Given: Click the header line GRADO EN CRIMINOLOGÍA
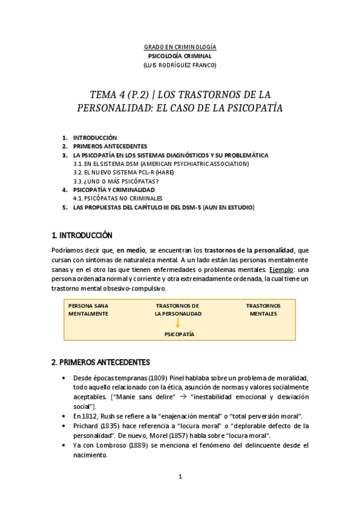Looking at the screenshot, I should click(x=180, y=47).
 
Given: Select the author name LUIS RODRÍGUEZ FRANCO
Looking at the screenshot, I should click(x=180, y=65).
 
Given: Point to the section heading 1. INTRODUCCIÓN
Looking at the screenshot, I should click(x=82, y=235).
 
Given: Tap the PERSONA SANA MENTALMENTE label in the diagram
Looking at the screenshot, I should click(x=88, y=310).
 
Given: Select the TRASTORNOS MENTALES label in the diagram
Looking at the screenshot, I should click(x=263, y=310).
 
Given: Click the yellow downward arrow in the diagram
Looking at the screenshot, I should click(x=178, y=323).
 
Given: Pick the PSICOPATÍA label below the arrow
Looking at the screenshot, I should click(x=179, y=334).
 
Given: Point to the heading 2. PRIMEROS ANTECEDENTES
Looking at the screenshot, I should click(x=100, y=362).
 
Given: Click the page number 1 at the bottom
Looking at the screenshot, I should click(x=180, y=477).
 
